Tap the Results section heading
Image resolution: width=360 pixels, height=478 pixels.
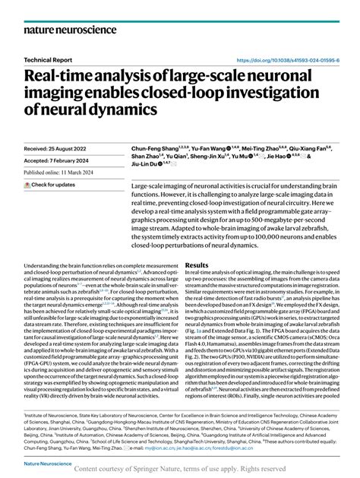coord(197,266)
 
